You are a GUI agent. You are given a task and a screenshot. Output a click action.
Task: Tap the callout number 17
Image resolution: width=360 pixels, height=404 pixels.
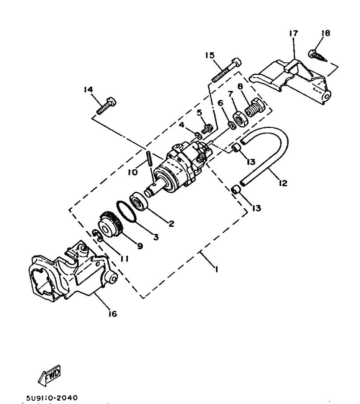tap(293, 34)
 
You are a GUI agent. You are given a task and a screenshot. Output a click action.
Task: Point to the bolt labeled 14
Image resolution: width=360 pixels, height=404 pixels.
tap(106, 106)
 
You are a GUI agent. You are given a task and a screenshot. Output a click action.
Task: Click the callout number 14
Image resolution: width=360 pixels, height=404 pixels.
tap(88, 90)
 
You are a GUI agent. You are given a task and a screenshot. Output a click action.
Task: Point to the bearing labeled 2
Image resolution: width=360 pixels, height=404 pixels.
tap(141, 201)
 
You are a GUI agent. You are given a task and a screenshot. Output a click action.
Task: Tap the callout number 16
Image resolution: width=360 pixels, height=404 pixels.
tap(112, 314)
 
